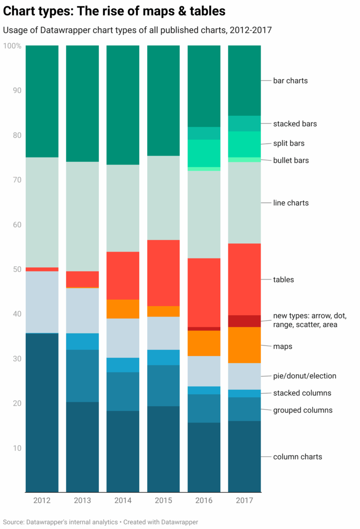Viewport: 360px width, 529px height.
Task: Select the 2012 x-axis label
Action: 42,500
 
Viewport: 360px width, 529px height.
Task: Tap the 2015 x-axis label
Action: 163,500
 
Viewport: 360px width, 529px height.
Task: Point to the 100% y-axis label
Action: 12,46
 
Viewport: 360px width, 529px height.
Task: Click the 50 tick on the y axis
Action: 16,269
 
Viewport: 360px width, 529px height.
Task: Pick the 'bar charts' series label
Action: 290,81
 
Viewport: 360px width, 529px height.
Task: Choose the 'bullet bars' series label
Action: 291,160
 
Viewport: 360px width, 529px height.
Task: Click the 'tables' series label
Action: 283,280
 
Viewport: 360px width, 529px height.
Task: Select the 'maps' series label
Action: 283,347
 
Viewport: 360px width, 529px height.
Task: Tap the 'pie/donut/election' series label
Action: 304,376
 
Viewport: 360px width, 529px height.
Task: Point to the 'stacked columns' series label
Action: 302,393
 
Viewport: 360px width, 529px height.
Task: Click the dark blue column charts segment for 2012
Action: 42,413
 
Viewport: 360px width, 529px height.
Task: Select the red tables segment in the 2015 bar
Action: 163,272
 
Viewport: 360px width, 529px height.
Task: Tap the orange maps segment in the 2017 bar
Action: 244,345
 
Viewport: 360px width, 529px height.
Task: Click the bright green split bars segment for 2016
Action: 203,153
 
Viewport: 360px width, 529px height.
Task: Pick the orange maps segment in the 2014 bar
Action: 123,309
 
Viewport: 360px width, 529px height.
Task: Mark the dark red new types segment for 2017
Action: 244,321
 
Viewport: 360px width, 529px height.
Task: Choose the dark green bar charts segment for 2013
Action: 82,103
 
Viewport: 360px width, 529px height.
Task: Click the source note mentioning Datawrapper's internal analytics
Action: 100,521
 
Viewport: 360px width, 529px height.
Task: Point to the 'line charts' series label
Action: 291,203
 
